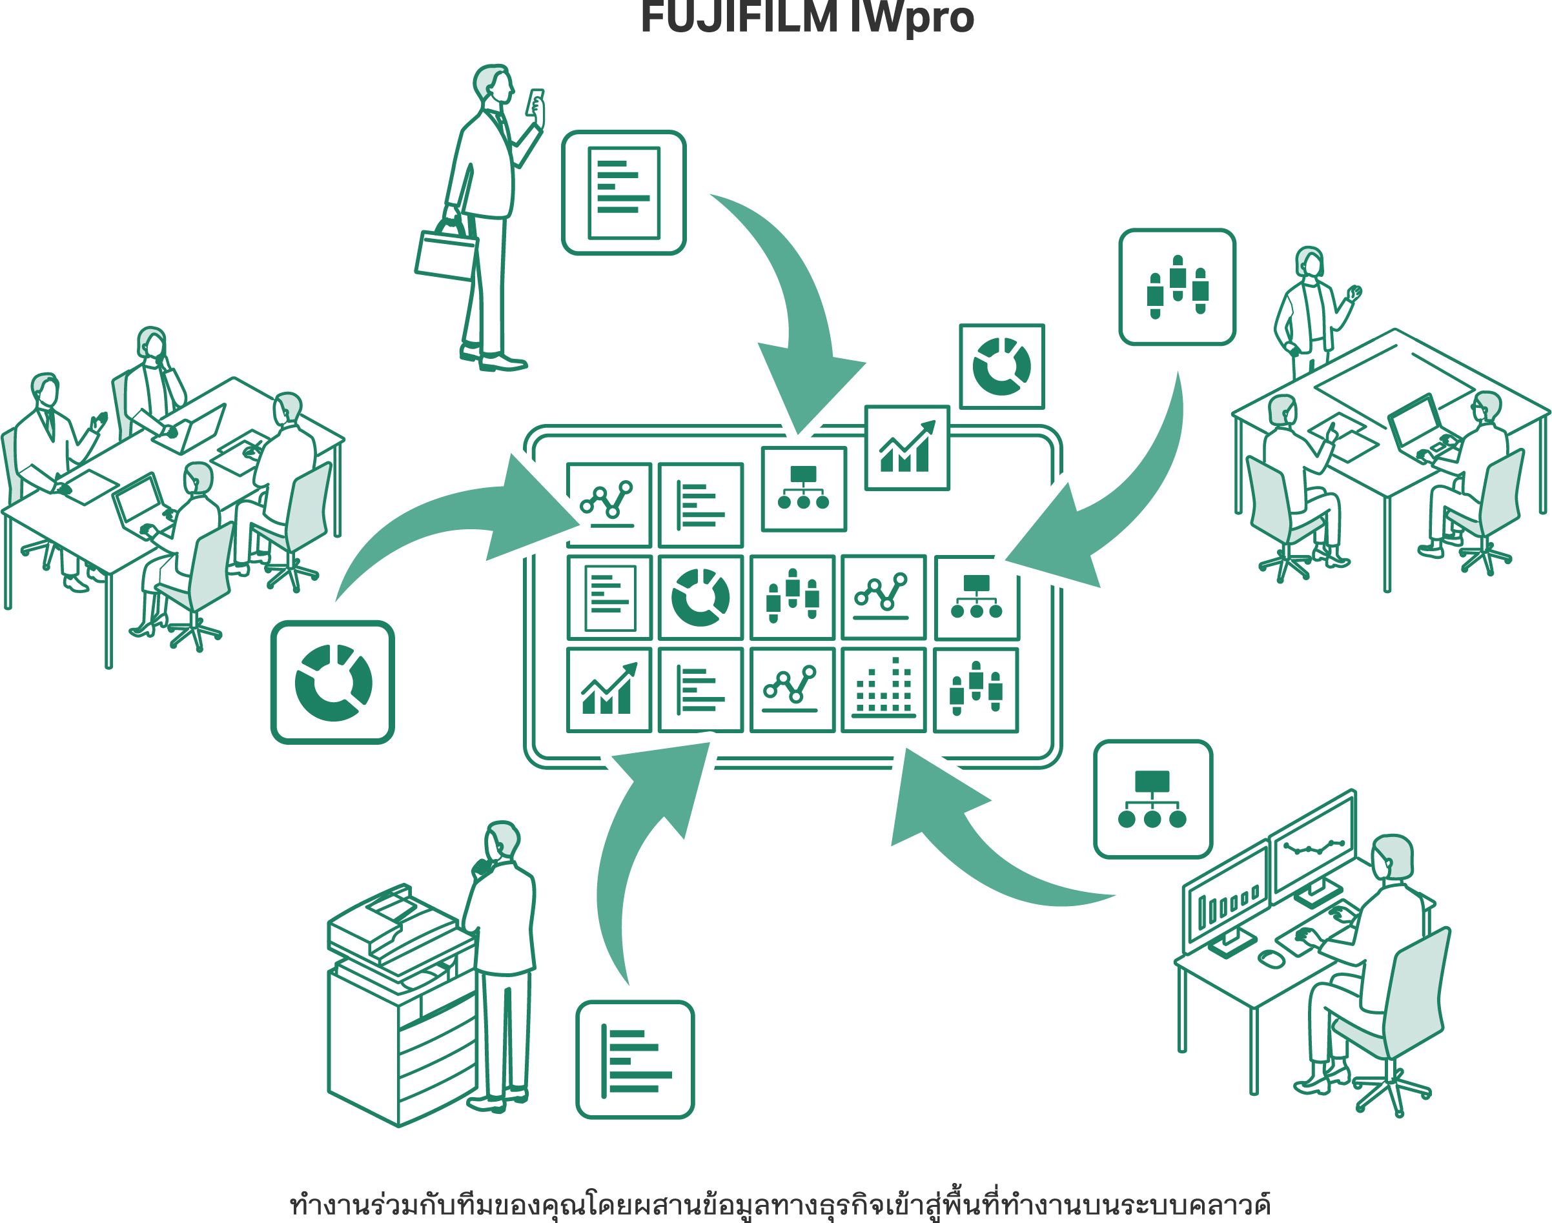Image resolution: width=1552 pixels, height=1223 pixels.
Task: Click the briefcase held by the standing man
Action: point(445,255)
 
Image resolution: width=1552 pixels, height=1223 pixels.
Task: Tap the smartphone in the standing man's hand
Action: point(535,103)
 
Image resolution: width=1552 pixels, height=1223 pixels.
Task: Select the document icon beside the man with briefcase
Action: point(623,192)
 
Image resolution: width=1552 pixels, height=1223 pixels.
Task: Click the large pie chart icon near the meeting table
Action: point(332,682)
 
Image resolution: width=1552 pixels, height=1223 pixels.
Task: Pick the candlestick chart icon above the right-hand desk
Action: point(1177,287)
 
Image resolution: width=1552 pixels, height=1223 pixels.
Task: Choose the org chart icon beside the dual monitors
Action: point(1152,799)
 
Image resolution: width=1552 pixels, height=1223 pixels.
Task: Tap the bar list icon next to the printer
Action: point(635,1059)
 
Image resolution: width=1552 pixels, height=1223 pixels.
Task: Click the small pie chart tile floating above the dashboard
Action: point(1001,367)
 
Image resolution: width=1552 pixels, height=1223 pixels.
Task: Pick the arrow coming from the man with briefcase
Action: point(795,308)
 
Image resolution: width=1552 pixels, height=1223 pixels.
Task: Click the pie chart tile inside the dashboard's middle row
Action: point(700,597)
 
